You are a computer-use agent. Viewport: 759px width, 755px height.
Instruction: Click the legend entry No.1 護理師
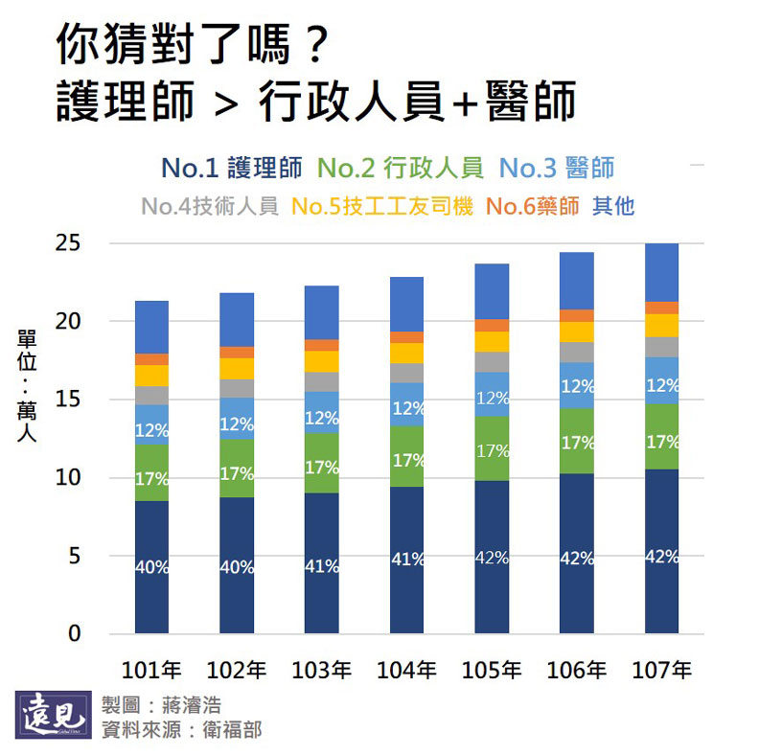(x=233, y=169)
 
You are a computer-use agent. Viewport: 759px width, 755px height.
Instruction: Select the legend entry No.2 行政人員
(x=401, y=169)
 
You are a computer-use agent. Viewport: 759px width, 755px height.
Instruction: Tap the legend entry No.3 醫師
(x=557, y=169)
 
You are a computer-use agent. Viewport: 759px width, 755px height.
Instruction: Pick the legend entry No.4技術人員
(x=209, y=206)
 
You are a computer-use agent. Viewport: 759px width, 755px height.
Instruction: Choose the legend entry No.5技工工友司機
(x=382, y=206)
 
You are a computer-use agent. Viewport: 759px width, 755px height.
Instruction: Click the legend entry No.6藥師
(x=533, y=206)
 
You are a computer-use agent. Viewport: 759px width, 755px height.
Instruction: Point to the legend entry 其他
(x=613, y=206)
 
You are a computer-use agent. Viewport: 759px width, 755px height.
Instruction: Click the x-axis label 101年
(x=151, y=670)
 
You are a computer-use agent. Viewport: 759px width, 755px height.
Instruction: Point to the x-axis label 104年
(x=407, y=670)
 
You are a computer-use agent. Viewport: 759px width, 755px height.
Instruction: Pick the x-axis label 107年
(x=662, y=670)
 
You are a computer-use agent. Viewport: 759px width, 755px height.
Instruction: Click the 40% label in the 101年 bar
(x=151, y=567)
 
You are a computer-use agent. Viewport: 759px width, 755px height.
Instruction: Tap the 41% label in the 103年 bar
(x=322, y=566)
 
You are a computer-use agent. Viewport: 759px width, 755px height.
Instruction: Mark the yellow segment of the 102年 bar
(x=237, y=369)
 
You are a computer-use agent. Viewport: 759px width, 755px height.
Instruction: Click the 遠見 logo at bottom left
(x=55, y=717)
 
